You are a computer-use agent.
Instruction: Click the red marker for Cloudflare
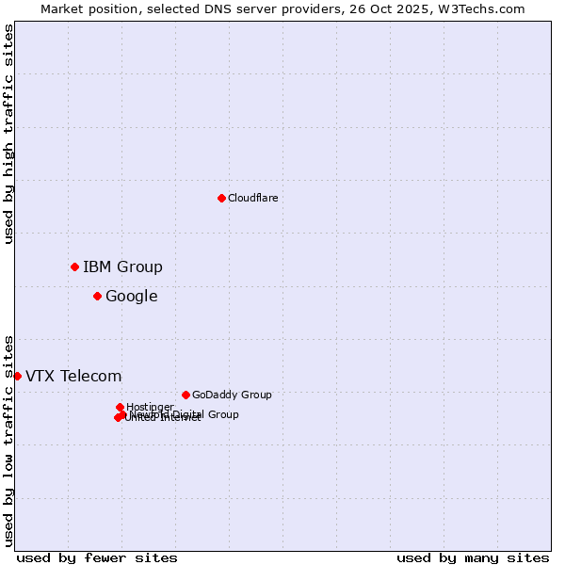(221, 198)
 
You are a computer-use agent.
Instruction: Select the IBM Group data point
(74, 266)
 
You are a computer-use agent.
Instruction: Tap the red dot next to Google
(97, 296)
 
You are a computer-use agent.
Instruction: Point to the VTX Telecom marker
(17, 376)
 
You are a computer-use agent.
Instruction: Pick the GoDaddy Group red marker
(186, 395)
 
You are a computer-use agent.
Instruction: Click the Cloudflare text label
(252, 198)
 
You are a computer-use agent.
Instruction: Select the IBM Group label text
(122, 266)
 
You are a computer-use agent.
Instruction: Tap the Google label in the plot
(131, 296)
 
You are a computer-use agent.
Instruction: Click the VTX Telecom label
(73, 376)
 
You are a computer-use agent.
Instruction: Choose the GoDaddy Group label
(231, 395)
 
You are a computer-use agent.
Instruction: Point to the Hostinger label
(150, 407)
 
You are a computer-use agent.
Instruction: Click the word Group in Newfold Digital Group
(222, 414)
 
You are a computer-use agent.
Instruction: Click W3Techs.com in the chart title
(485, 8)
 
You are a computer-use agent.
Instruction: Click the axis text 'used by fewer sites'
(97, 557)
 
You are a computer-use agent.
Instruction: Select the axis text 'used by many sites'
(472, 557)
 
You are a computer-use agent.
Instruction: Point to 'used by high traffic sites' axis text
(8, 134)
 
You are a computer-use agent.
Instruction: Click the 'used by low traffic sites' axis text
(8, 440)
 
